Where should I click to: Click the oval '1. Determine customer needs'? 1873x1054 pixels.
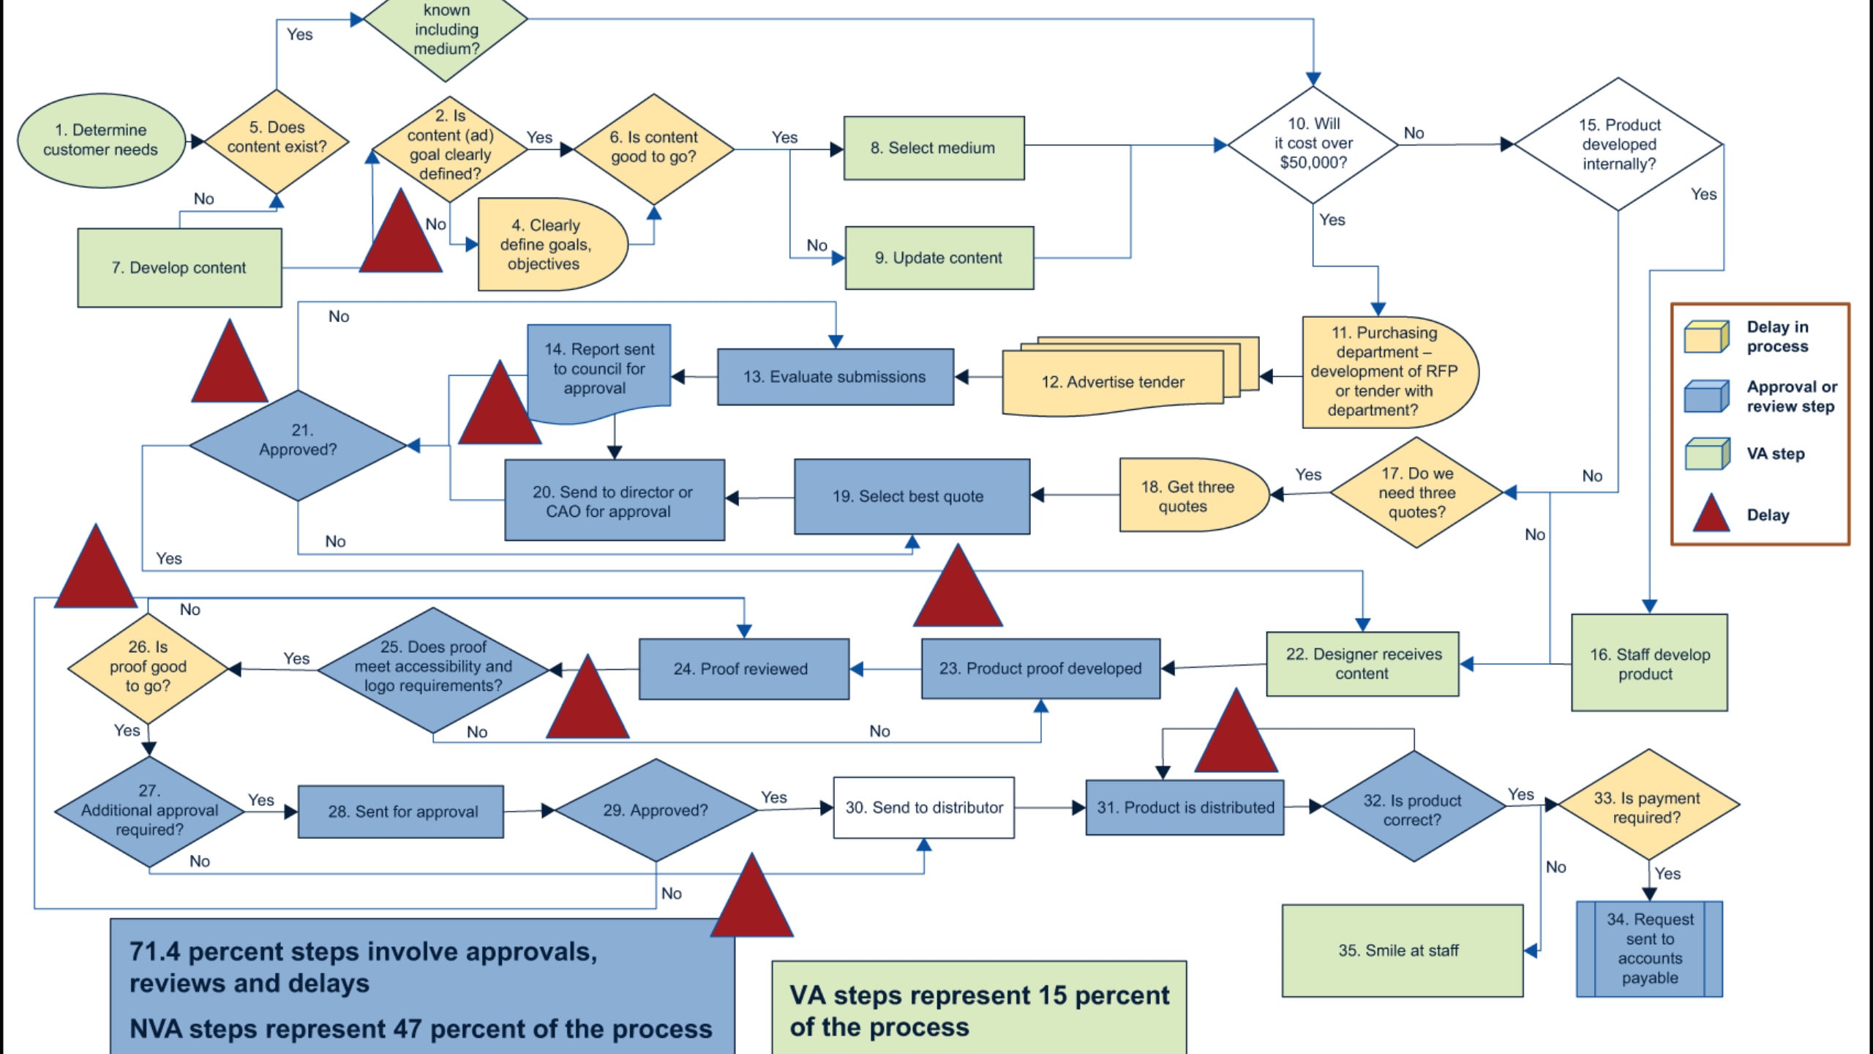(x=101, y=140)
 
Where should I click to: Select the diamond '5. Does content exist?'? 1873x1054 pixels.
(x=277, y=138)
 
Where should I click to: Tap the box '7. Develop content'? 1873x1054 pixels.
(x=179, y=268)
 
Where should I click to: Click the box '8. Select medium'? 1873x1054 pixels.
(x=934, y=148)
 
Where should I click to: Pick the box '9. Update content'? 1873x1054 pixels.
(x=939, y=258)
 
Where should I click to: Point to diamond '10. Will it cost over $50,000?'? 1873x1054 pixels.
(x=1313, y=144)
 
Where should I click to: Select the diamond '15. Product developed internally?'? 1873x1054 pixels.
(x=1618, y=144)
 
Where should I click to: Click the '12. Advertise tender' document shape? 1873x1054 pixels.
(x=1112, y=382)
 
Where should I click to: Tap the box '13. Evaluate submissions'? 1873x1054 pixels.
(x=835, y=377)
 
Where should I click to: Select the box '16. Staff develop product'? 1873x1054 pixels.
(x=1649, y=663)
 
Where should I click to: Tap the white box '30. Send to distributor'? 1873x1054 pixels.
(x=923, y=807)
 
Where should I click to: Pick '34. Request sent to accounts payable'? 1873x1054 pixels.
(x=1649, y=949)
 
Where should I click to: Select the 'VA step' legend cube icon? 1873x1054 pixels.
(x=1706, y=454)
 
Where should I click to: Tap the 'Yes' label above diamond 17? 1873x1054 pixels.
(x=1307, y=474)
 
